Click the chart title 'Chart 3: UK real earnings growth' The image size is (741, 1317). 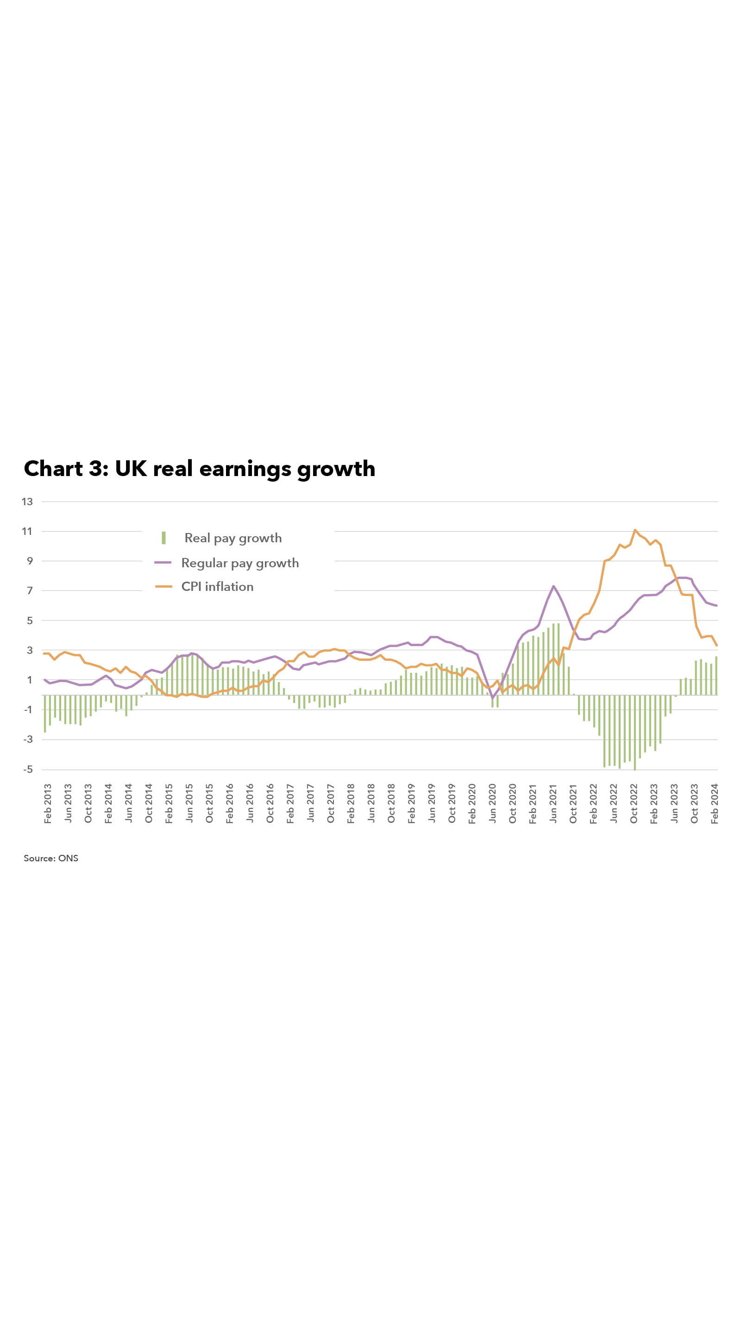[x=200, y=469]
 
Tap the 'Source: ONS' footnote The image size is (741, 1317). [x=51, y=859]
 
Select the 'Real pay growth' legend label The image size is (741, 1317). [x=232, y=538]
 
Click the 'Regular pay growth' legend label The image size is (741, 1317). [x=240, y=563]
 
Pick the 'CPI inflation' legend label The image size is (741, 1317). [x=217, y=586]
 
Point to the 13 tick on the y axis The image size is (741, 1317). [x=27, y=502]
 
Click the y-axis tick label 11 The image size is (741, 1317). [x=27, y=531]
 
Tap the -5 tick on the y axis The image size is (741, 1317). [x=28, y=770]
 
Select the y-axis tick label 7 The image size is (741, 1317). [x=30, y=590]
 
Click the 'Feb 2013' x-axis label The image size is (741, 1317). [x=48, y=803]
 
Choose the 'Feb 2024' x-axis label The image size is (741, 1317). [x=715, y=803]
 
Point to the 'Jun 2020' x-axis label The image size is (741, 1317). [x=492, y=803]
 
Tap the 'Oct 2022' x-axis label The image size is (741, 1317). [x=634, y=803]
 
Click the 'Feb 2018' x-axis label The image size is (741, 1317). [x=351, y=803]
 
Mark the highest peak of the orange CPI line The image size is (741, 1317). [x=634, y=530]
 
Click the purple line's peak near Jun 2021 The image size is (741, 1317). [x=553, y=586]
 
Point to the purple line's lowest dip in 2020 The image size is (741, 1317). [x=492, y=698]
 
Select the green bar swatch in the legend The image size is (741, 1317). [x=163, y=538]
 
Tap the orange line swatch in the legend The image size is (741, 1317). [x=163, y=586]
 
